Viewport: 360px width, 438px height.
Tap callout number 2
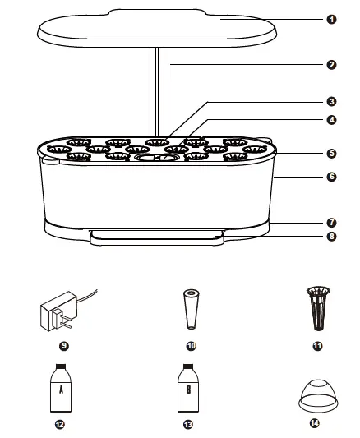click(x=331, y=63)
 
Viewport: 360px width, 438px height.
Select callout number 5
click(x=331, y=153)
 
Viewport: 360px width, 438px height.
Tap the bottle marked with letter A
click(x=60, y=394)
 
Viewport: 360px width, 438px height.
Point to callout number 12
click(x=60, y=424)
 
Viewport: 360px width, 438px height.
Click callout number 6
click(x=331, y=175)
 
